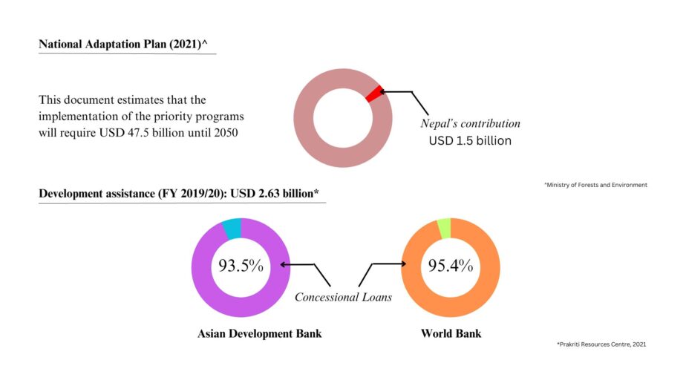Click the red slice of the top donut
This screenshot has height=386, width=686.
(374, 93)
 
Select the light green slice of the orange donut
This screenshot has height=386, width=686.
(444, 229)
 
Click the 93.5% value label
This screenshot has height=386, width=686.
(240, 265)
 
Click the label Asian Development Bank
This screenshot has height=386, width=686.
(259, 333)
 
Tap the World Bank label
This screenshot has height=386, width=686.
(451, 333)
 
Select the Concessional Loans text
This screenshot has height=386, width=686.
(343, 297)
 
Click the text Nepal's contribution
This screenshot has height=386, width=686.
(470, 123)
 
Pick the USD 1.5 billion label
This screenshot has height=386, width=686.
(470, 140)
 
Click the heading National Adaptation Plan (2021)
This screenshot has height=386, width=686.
(122, 45)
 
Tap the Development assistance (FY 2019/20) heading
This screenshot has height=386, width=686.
(178, 194)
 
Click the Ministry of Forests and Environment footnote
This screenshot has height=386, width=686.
(595, 185)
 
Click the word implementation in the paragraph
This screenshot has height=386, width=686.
(76, 117)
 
